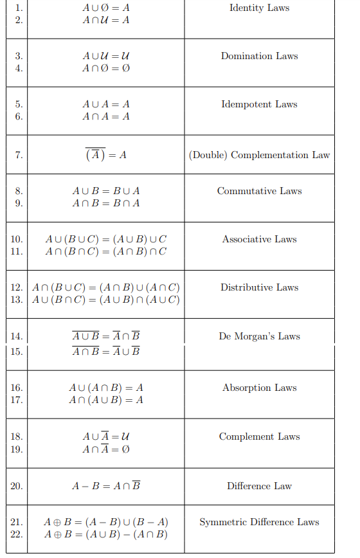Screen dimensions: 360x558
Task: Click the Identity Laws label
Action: [x=259, y=8]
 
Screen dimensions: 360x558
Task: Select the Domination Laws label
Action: [x=259, y=56]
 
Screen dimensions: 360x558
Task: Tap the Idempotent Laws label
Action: [x=259, y=104]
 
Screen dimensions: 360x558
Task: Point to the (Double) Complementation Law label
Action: [x=259, y=155]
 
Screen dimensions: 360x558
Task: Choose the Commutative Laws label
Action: [x=259, y=191]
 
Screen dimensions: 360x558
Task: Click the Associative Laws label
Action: [x=259, y=239]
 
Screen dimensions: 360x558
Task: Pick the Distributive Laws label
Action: [x=259, y=287]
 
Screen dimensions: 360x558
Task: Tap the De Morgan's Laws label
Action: [x=259, y=336]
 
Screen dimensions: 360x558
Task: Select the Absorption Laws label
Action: [x=259, y=388]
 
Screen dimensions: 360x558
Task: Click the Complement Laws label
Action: [x=259, y=437]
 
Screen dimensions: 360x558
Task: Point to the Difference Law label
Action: [x=259, y=486]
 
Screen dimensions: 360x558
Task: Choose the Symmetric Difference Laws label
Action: [x=259, y=522]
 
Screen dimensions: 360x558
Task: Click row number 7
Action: [x=19, y=155]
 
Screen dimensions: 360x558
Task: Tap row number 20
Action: [x=17, y=486]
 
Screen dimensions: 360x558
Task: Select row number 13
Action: [x=17, y=300]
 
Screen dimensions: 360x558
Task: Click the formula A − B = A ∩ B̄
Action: [x=106, y=486]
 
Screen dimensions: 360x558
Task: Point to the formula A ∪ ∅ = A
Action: [x=106, y=8]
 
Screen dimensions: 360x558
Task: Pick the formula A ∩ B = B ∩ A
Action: [x=106, y=203]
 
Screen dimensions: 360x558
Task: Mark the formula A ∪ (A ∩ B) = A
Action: [x=106, y=388]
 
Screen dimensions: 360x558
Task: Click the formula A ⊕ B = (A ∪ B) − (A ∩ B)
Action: [x=106, y=534]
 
